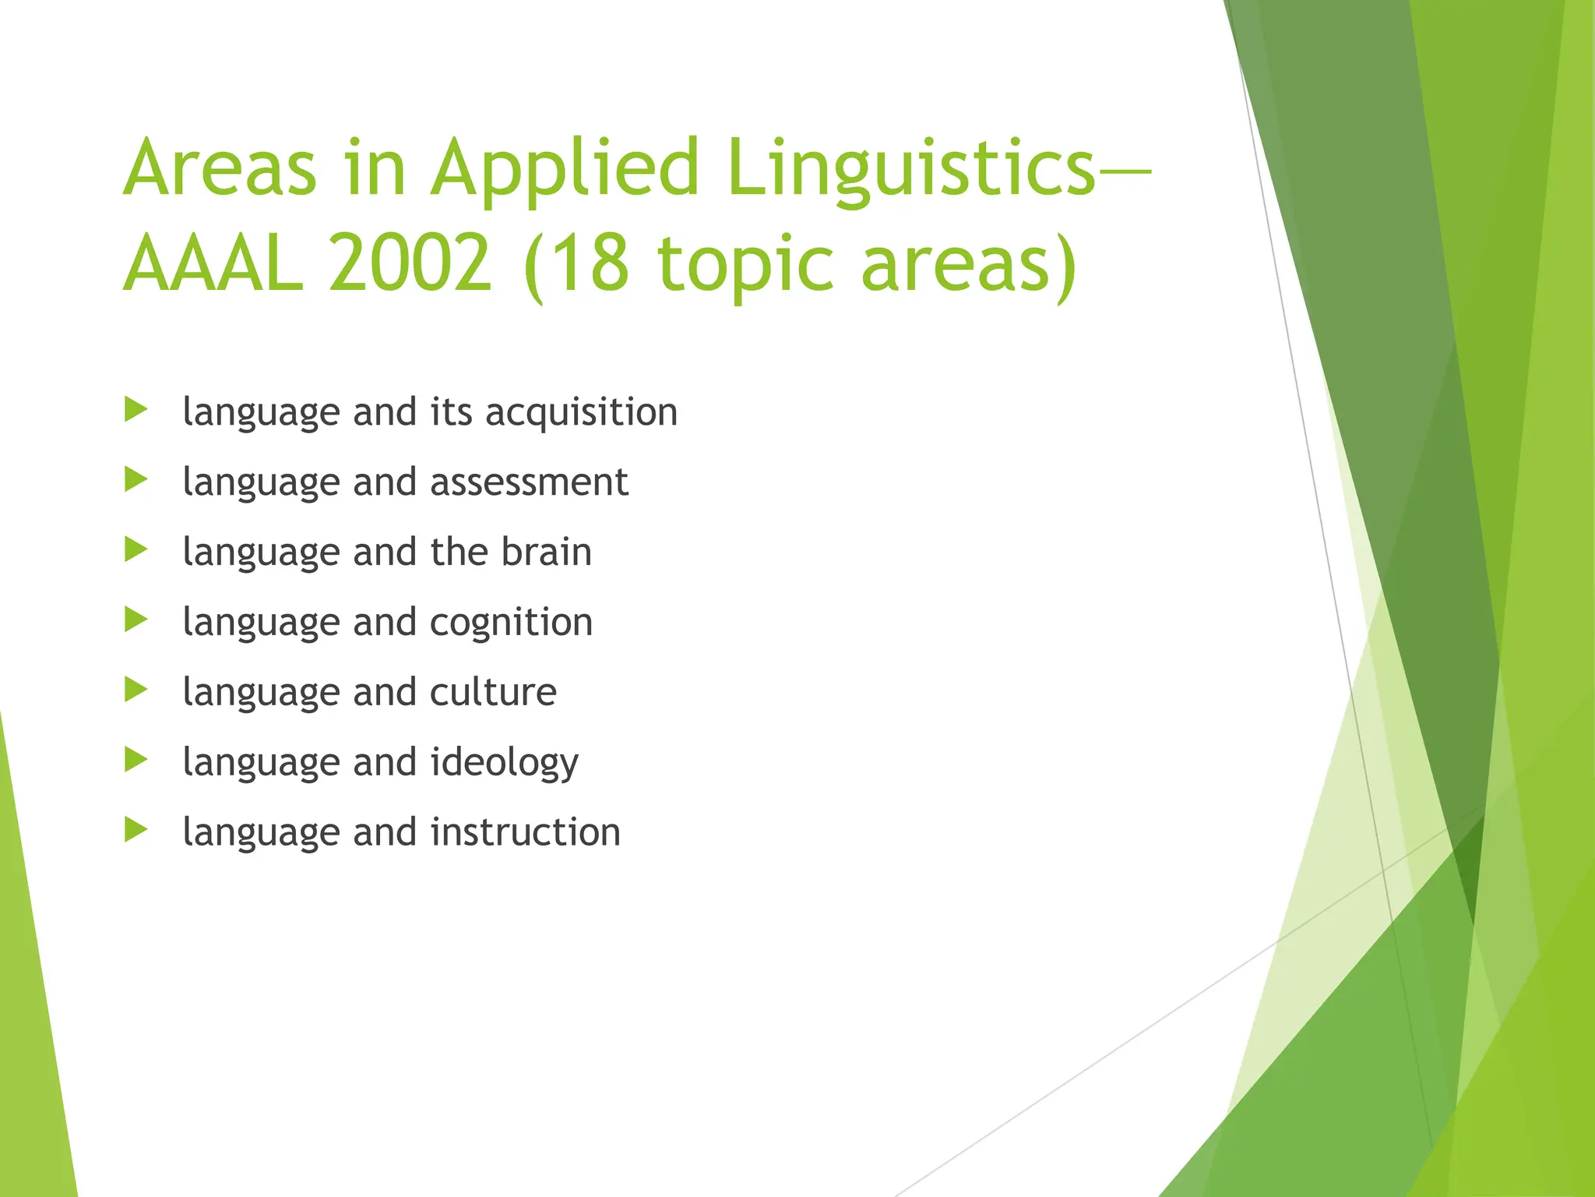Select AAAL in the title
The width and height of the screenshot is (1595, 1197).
pos(213,265)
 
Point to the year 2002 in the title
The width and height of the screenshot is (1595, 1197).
pos(410,265)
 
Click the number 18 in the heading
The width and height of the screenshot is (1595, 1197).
pos(591,265)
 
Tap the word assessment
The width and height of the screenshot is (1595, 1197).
pos(529,482)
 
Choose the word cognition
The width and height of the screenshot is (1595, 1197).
pos(511,623)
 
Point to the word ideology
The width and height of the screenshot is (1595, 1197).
pos(504,762)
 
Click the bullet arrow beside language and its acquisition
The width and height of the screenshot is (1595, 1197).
pos(136,410)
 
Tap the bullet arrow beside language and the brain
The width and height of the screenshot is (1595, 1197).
pos(136,550)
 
